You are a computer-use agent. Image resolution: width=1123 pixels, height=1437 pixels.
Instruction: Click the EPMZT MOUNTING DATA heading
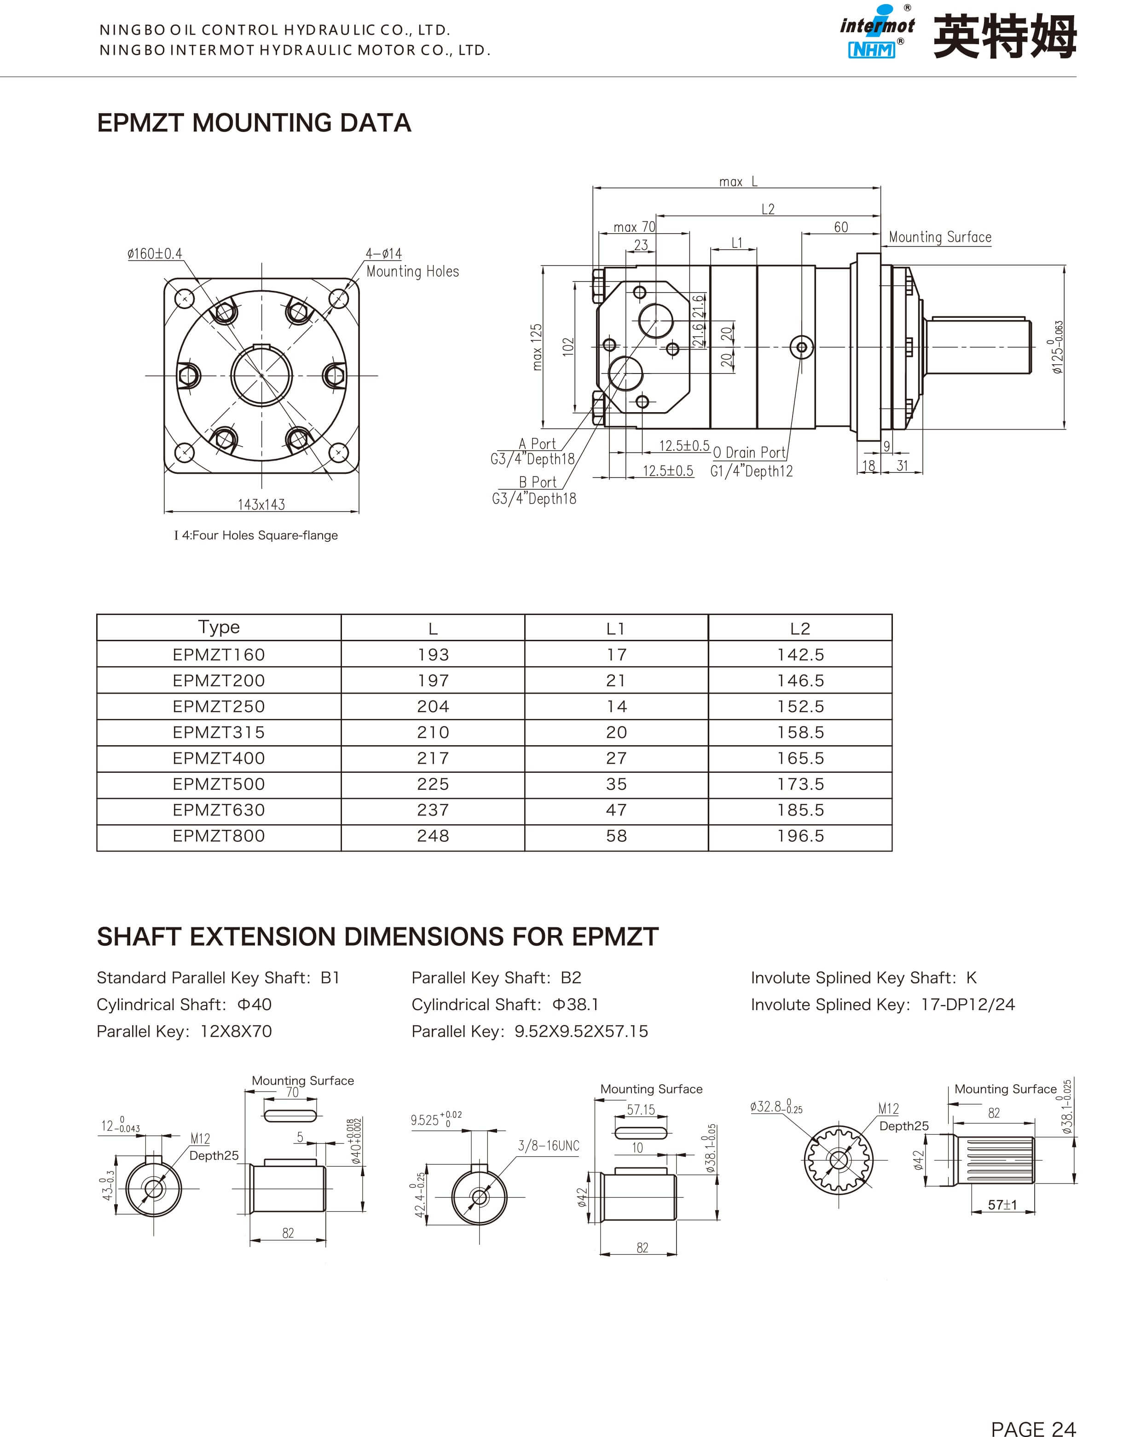254,123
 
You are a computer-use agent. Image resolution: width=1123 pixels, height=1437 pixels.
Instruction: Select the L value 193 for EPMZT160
433,655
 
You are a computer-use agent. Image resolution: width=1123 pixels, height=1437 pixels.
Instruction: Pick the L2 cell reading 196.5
800,836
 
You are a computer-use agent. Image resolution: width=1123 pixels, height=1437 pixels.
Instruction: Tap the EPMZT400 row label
219,758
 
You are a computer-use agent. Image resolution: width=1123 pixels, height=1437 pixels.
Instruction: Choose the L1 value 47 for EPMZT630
616,810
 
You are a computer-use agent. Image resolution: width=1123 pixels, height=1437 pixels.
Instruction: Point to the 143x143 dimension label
261,505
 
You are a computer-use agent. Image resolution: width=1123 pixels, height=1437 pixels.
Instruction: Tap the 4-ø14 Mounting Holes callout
411,263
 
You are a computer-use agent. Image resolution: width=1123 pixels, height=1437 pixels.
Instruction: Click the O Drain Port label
749,453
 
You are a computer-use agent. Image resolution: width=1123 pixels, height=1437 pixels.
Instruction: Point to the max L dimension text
738,182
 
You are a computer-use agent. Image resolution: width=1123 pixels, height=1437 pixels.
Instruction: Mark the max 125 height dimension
537,347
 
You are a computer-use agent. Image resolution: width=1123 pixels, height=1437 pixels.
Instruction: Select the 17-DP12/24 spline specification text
967,1005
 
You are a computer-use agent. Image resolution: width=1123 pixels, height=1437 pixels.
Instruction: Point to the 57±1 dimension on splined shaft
1002,1205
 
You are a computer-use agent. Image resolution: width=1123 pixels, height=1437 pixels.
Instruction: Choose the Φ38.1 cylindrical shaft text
575,1005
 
